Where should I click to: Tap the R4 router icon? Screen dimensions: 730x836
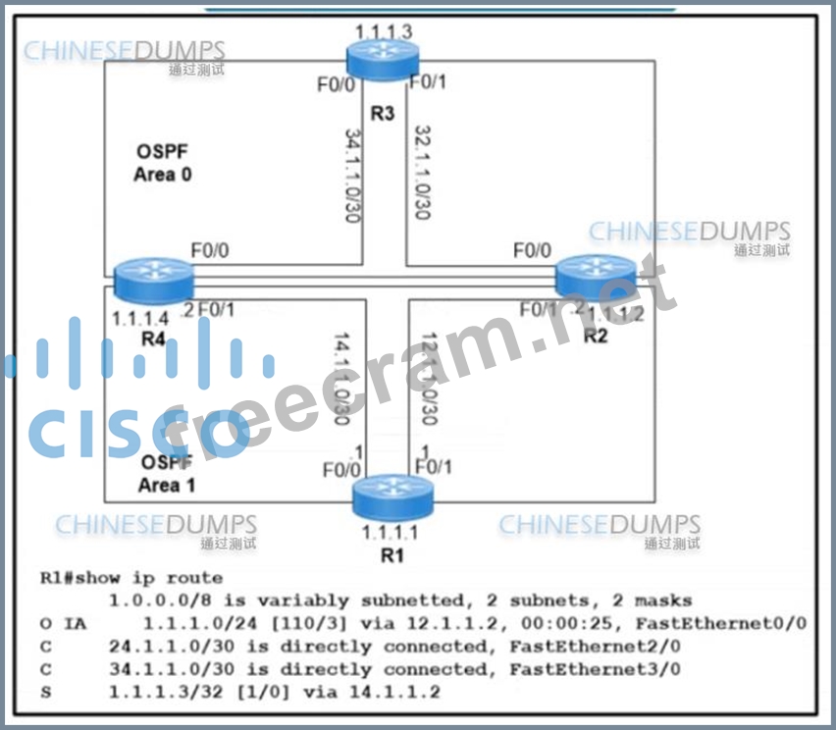coord(153,280)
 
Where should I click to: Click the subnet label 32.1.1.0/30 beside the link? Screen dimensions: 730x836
coord(424,172)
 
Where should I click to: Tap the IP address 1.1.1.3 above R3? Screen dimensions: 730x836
coord(384,31)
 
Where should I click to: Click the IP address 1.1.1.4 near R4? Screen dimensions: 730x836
coord(140,318)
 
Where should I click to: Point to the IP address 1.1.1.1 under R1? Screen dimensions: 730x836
coord(390,533)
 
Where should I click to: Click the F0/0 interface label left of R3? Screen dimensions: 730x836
coord(336,84)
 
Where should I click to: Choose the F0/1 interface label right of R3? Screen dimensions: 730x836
coord(428,81)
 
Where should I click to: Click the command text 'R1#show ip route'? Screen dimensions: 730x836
coord(131,577)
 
